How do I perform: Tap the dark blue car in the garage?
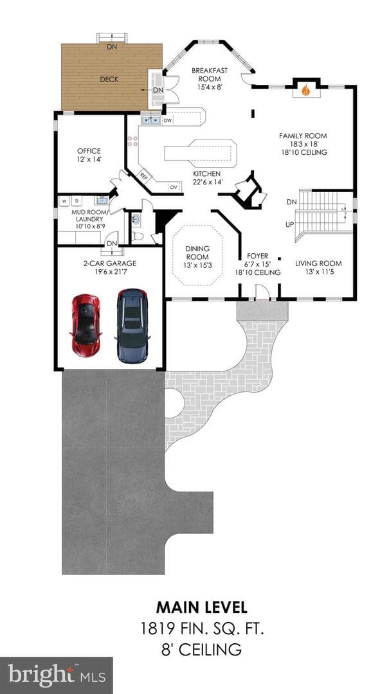click(x=132, y=325)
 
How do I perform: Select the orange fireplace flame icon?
click(x=305, y=91)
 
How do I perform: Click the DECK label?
click(x=108, y=80)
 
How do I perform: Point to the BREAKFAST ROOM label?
click(x=210, y=75)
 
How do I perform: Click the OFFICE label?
click(x=89, y=151)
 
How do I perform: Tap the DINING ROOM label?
click(x=197, y=253)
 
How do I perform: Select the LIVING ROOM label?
click(x=318, y=264)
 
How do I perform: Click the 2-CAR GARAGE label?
click(x=110, y=263)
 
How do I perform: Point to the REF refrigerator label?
click(x=145, y=175)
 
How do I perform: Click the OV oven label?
click(x=173, y=188)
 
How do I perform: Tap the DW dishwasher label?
click(x=167, y=120)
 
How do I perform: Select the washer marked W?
click(x=65, y=201)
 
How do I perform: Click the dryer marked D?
click(x=77, y=201)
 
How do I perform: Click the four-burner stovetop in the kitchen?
click(x=132, y=141)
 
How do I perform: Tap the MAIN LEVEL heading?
click(x=201, y=607)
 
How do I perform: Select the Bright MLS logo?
click(x=56, y=675)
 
